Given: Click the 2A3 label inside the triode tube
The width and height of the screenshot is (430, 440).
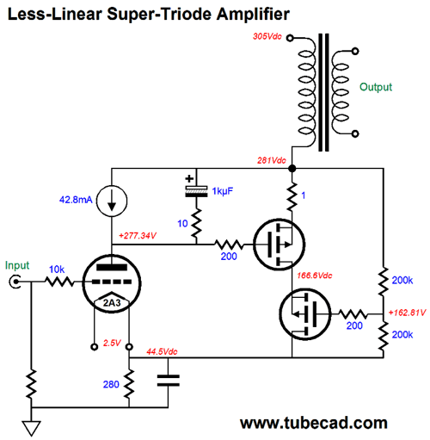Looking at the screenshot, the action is [x=112, y=303].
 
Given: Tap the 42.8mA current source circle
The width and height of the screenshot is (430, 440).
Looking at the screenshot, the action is [x=112, y=186].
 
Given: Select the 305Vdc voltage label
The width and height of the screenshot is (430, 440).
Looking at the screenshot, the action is [x=267, y=36].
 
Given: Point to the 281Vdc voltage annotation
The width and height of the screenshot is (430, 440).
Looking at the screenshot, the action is [x=272, y=160].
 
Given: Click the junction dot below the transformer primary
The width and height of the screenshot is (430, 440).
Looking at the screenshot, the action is [x=292, y=169].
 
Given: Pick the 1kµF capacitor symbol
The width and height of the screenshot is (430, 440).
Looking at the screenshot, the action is [x=196, y=191].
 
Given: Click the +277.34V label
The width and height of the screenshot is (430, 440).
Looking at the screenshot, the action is [x=138, y=236].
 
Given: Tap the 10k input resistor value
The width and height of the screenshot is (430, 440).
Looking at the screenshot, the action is [x=57, y=270].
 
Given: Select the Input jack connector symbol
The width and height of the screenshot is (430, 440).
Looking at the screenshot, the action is [x=15, y=282].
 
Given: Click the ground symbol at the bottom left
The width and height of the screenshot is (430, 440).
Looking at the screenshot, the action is [x=31, y=429].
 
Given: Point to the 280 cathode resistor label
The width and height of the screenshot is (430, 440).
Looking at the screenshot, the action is [x=111, y=384].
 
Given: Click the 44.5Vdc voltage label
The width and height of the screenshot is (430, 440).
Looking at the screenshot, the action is [x=162, y=351].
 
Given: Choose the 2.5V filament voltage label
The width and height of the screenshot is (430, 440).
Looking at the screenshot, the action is [x=112, y=343].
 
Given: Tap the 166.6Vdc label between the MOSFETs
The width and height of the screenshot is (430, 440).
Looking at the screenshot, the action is [x=315, y=276].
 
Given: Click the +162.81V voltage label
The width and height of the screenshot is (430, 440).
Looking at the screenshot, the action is [x=407, y=313].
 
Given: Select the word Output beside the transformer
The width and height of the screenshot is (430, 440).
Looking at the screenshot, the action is [x=376, y=87].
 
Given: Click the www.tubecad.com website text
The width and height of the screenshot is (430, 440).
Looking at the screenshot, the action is [x=314, y=423].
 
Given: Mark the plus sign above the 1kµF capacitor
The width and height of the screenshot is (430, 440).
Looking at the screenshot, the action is [x=189, y=178].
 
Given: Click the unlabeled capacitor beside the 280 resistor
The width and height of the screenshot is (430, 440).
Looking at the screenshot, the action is [x=169, y=381].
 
